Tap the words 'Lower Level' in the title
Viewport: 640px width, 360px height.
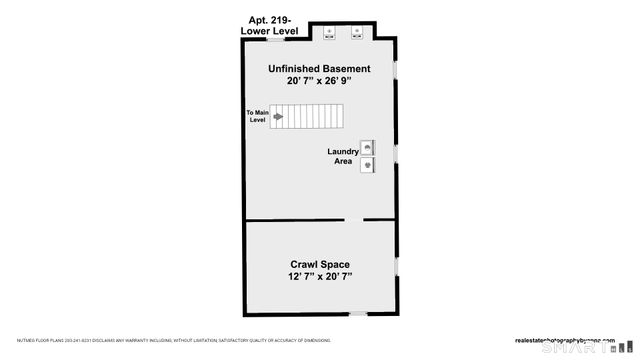(269, 31)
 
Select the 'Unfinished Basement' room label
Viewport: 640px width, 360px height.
(319, 69)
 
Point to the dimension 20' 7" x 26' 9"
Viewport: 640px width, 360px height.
(319, 82)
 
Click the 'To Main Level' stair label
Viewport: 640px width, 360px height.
(259, 116)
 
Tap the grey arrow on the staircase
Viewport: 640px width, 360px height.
(278, 116)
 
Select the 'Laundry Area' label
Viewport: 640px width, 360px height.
(343, 156)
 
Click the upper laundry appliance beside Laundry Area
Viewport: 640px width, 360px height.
(367, 147)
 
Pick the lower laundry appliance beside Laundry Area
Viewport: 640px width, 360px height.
(367, 164)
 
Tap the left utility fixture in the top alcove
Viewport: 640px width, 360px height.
(329, 31)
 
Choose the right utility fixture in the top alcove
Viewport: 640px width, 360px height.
(356, 31)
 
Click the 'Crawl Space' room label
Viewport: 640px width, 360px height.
(319, 264)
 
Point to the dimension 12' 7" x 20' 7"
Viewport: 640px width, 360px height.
(319, 277)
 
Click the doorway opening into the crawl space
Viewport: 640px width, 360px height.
(354, 220)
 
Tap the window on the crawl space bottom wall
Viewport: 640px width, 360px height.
(358, 313)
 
